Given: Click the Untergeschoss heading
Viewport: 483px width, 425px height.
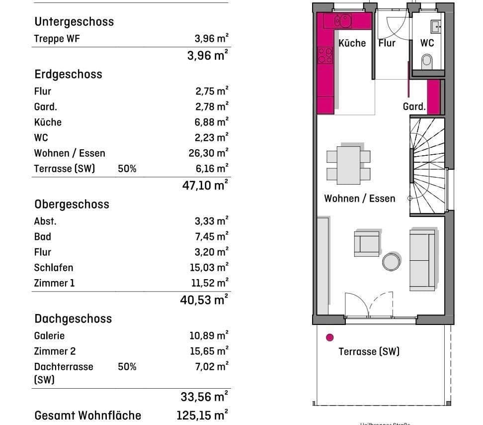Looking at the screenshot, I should tap(74, 21).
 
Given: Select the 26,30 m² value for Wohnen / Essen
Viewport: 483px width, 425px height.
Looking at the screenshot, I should tap(211, 153).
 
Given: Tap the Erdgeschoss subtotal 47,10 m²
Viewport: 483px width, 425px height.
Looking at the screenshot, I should tap(205, 186).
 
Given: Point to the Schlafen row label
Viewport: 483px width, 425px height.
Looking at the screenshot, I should tap(54, 267).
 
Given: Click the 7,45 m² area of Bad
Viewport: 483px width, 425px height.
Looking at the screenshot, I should tap(212, 236).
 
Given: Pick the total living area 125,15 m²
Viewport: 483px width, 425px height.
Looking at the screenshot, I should tap(202, 415).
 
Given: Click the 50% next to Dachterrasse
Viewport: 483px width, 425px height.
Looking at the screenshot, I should tap(127, 367).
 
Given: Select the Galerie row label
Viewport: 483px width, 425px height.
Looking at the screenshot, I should tap(49, 335).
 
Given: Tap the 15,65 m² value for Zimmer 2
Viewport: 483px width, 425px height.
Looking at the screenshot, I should tap(209, 351).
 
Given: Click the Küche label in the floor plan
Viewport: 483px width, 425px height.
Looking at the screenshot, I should tap(352, 43).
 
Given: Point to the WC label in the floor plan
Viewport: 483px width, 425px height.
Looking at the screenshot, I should tap(427, 43).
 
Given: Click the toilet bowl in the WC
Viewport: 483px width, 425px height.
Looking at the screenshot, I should tap(427, 61).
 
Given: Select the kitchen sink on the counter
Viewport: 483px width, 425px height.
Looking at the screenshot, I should tap(343, 21).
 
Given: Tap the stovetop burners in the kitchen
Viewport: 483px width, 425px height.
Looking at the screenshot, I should tap(325, 55).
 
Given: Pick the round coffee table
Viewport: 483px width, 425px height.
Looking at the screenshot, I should tap(391, 260).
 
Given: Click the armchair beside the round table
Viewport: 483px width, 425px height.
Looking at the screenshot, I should tap(366, 243).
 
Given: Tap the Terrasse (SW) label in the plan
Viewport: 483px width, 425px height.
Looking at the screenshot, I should tap(369, 351).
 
